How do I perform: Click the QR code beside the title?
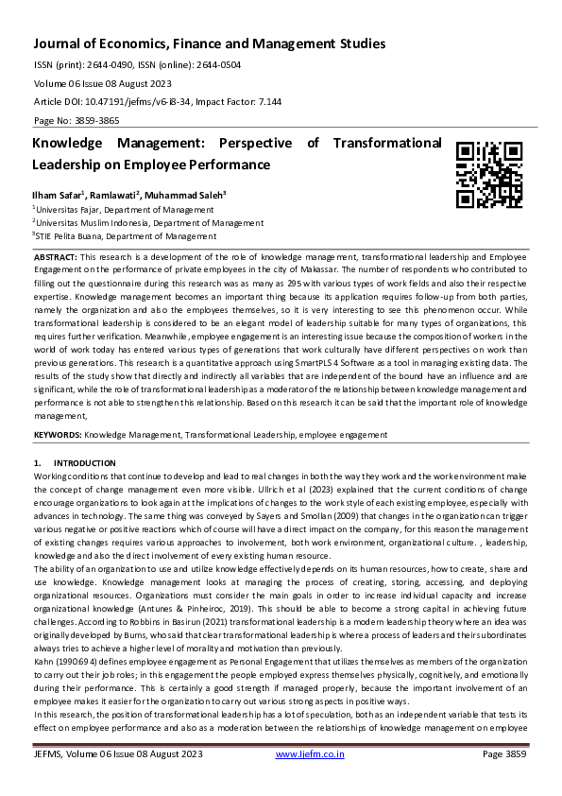(489, 174)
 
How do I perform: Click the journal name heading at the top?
(210, 43)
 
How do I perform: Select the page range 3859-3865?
(96, 121)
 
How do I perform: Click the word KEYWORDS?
(58, 434)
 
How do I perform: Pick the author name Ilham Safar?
(55, 194)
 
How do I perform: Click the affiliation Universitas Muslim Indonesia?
(98, 223)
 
